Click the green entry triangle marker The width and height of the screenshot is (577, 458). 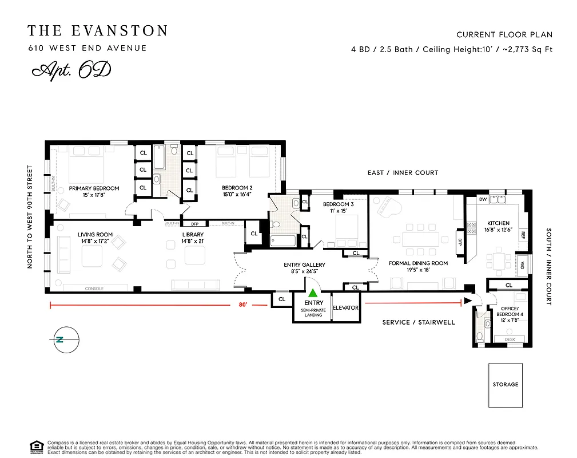pyautogui.click(x=312, y=293)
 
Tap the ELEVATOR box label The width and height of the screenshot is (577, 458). pyautogui.click(x=345, y=308)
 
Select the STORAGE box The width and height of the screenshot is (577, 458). pyautogui.click(x=505, y=385)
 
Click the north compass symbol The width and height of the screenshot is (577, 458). pyautogui.click(x=60, y=339)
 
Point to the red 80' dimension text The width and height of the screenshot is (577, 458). pyautogui.click(x=243, y=305)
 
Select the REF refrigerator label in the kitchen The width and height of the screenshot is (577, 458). pyautogui.click(x=523, y=234)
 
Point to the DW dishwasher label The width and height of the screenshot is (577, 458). pyautogui.click(x=482, y=200)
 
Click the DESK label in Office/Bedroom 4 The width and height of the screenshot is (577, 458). pyautogui.click(x=510, y=339)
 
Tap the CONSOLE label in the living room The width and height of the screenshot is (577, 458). pyautogui.click(x=94, y=289)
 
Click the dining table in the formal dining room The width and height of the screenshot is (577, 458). pyautogui.click(x=423, y=239)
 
